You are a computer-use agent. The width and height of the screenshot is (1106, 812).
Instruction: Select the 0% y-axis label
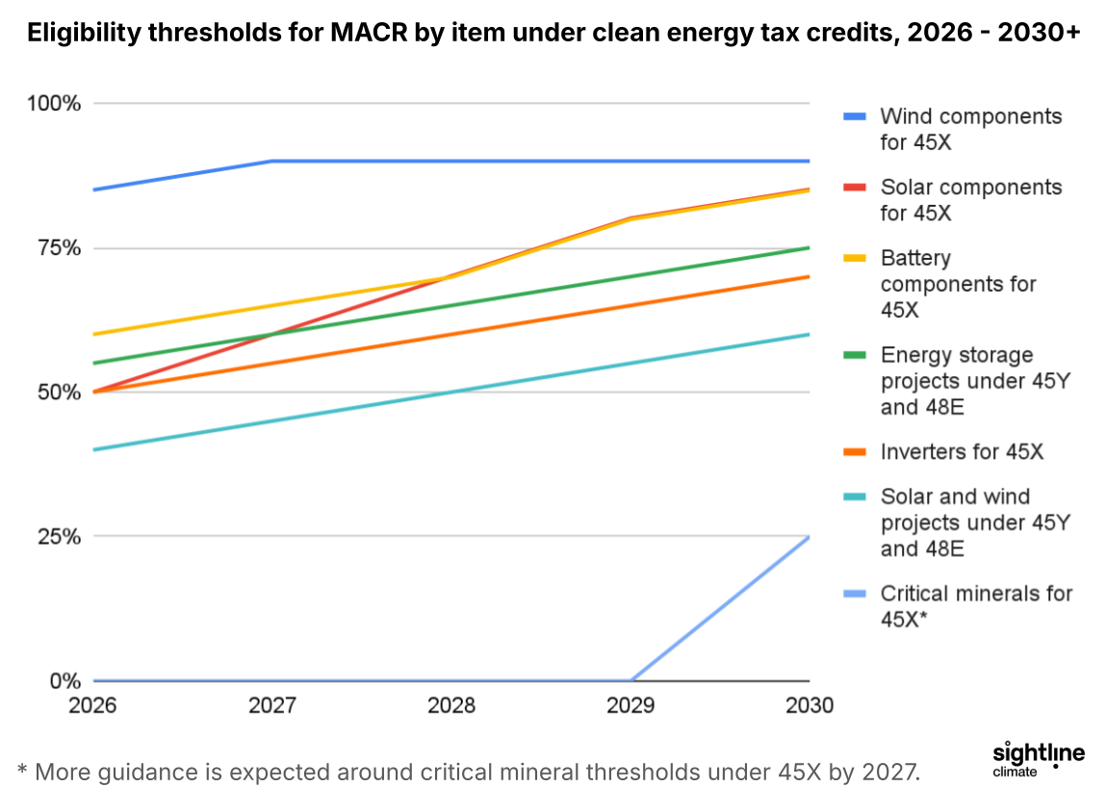65,681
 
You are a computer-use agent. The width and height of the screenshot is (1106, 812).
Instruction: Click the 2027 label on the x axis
272,705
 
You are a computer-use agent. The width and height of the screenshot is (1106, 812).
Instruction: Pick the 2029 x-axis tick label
630,705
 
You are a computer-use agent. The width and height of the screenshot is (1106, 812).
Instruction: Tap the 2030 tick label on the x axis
810,705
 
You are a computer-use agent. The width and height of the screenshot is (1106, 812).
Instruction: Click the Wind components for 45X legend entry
970,129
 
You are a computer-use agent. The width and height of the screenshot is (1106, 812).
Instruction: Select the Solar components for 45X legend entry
970,200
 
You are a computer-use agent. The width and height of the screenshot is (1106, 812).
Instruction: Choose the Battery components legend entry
958,284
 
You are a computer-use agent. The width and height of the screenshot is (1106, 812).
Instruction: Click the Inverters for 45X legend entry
962,451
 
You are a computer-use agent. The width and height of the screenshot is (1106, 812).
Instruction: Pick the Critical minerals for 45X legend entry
975,606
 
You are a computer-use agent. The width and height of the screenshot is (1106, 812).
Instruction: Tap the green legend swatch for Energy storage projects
856,355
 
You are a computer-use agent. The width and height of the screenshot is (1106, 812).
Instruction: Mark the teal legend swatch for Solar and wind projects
856,496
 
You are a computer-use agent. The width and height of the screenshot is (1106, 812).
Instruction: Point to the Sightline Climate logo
1038,757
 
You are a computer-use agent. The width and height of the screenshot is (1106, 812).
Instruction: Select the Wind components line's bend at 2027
272,161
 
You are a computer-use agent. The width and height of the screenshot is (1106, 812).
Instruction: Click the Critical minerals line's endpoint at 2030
809,537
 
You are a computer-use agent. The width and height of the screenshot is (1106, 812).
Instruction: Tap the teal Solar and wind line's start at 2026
94,449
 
